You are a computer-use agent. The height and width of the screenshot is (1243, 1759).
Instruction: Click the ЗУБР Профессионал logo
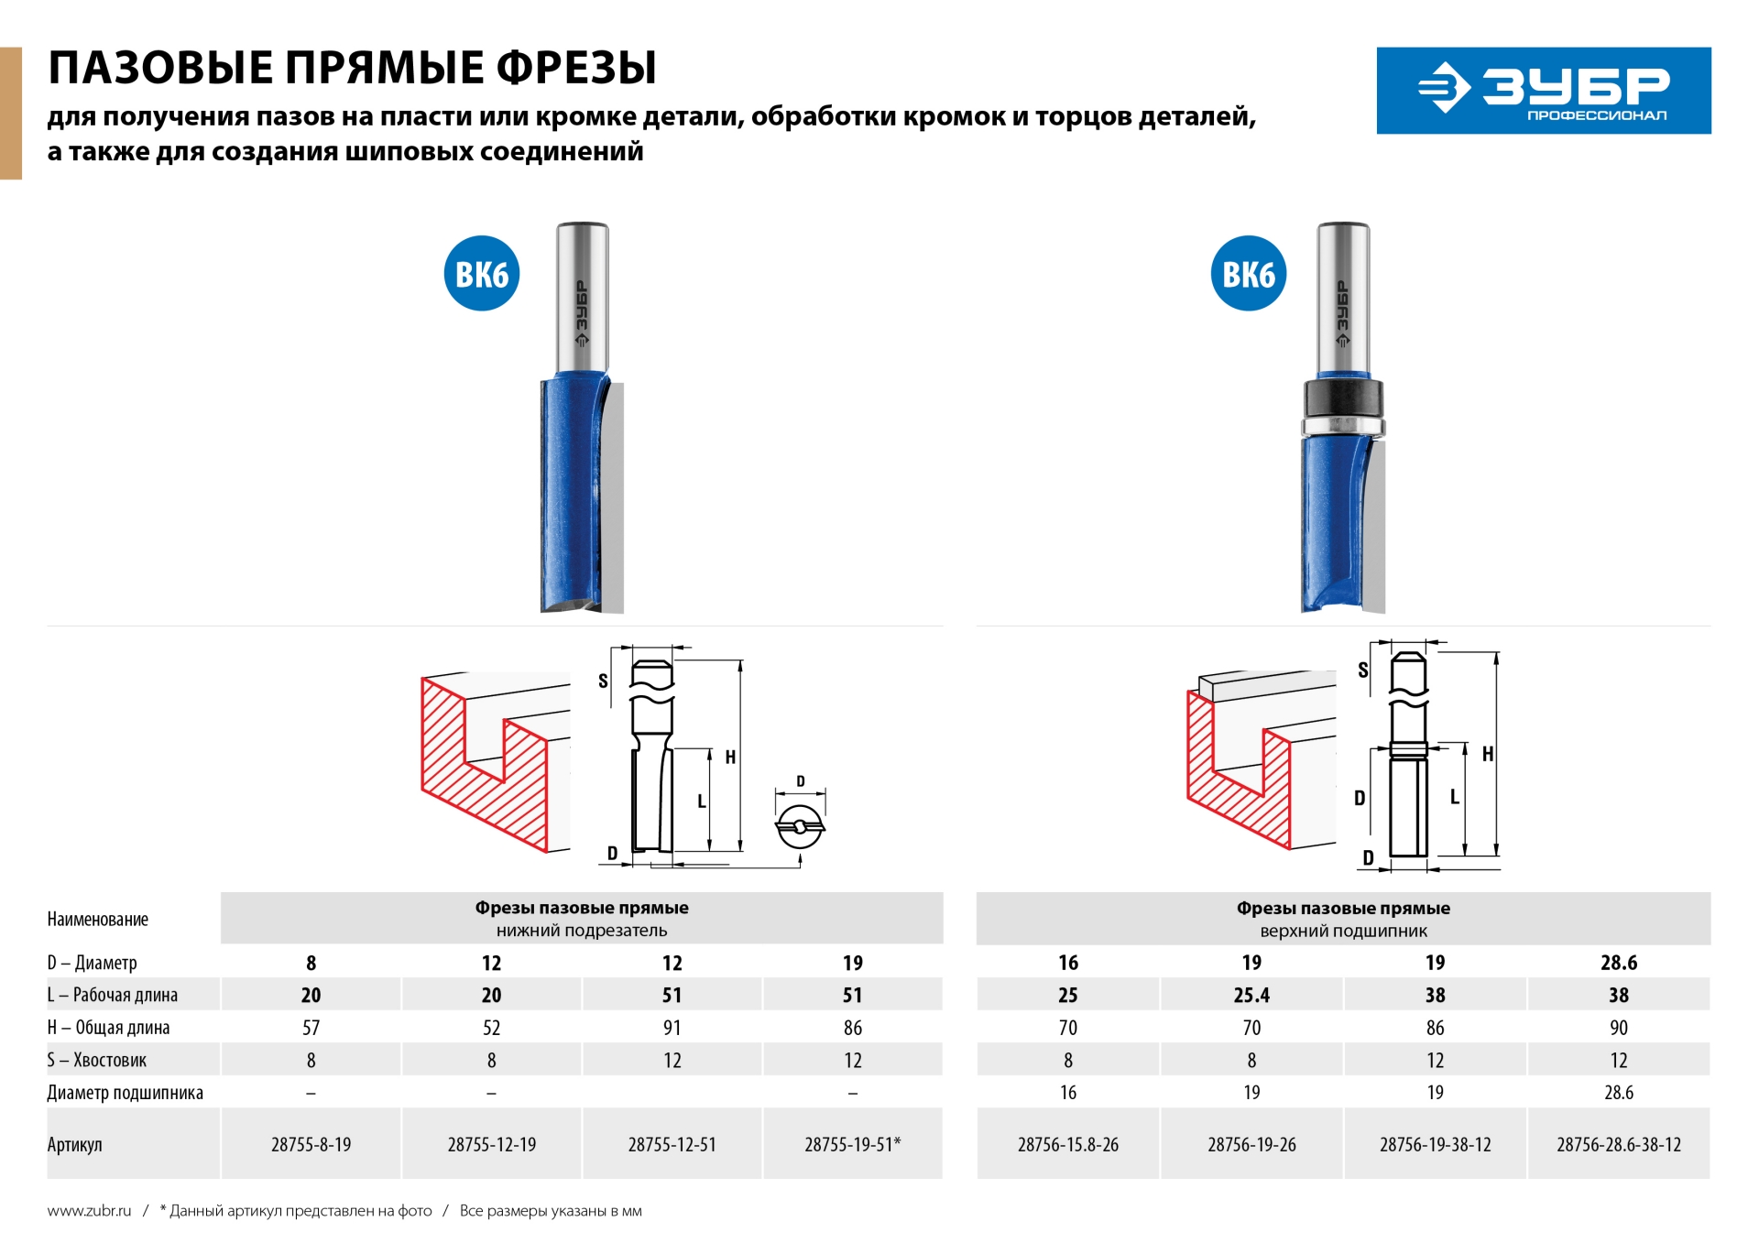pyautogui.click(x=1543, y=91)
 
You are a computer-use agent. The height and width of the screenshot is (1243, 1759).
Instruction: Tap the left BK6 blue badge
pyautogui.click(x=482, y=274)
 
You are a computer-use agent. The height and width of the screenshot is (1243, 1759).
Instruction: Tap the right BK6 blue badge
pyautogui.click(x=1248, y=274)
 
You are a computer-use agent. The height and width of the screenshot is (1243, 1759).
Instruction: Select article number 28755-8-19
pyautogui.click(x=311, y=1144)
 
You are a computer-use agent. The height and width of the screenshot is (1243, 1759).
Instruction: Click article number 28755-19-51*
pyautogui.click(x=852, y=1144)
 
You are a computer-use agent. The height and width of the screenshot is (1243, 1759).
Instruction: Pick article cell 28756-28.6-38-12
pyautogui.click(x=1618, y=1144)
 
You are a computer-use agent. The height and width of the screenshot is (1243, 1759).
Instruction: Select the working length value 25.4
pyautogui.click(x=1251, y=995)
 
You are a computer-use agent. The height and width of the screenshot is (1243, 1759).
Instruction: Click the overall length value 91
pyautogui.click(x=672, y=1028)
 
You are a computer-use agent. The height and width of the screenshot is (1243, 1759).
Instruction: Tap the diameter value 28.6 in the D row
pyautogui.click(x=1618, y=963)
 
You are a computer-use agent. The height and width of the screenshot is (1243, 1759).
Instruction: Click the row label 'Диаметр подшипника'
pyautogui.click(x=126, y=1093)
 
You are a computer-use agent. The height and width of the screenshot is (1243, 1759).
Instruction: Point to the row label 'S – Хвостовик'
pyautogui.click(x=97, y=1060)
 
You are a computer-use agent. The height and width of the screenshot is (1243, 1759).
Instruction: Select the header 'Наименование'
pyautogui.click(x=98, y=919)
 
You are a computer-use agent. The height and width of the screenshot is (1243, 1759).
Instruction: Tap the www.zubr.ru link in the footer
pyautogui.click(x=89, y=1211)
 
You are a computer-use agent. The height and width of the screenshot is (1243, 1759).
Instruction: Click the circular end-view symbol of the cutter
pyautogui.click(x=799, y=827)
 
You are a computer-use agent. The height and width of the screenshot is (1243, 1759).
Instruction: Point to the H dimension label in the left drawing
pyautogui.click(x=730, y=757)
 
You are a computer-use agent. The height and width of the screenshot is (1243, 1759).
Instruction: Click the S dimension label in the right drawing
pyautogui.click(x=1362, y=670)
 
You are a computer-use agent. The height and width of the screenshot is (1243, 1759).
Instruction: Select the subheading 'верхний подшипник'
pyautogui.click(x=1343, y=931)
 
